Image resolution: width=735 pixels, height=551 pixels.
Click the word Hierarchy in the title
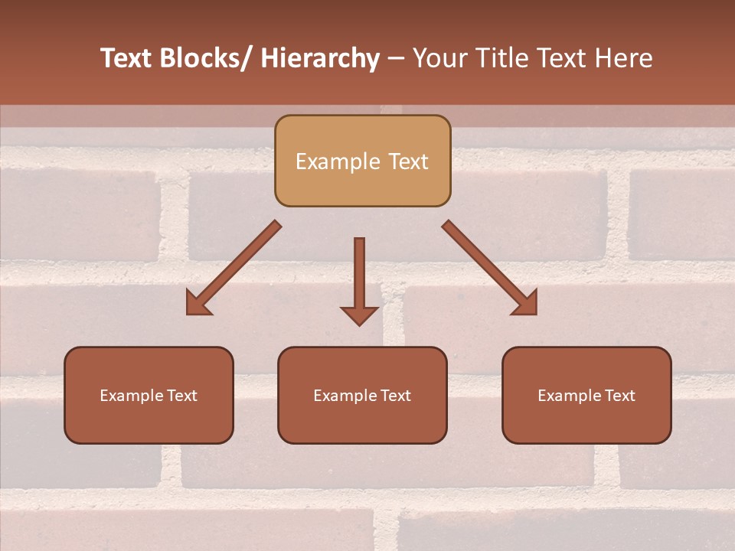[320, 58]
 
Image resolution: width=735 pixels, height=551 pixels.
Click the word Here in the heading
[622, 58]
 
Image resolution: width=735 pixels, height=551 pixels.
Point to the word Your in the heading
[439, 58]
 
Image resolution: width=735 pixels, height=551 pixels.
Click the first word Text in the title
[126, 58]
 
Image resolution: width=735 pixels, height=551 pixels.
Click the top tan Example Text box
[362, 161]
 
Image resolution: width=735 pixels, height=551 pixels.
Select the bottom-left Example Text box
[149, 396]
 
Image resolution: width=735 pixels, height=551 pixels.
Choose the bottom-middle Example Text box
[362, 396]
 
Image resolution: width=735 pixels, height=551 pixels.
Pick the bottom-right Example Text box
[586, 396]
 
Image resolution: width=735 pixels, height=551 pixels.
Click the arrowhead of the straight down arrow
[359, 315]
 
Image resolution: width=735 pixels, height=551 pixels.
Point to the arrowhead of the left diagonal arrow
[198, 304]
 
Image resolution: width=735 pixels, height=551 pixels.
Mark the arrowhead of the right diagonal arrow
[526, 304]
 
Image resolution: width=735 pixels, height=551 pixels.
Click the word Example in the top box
[338, 161]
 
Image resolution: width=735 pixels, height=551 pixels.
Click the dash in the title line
[396, 59]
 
